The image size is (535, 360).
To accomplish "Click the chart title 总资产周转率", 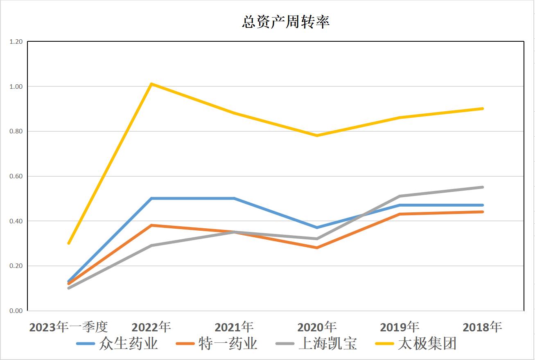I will click(285, 22).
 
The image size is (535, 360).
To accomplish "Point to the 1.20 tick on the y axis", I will click(16, 42).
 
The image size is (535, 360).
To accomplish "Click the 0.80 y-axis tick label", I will click(16, 131).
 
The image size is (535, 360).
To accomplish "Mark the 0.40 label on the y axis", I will click(16, 221).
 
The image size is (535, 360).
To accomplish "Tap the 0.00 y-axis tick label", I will click(16, 311).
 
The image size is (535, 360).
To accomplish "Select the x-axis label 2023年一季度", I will click(68, 327).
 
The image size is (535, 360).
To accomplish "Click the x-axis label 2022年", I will click(151, 327).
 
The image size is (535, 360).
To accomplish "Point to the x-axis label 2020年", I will click(317, 327).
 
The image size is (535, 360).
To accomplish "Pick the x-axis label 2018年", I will click(482, 327).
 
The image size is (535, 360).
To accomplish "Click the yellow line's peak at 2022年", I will click(151, 84).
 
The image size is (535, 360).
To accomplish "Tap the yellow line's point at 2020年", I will click(317, 135).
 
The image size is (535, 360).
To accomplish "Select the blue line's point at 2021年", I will click(234, 198).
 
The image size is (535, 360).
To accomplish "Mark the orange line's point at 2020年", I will click(317, 248).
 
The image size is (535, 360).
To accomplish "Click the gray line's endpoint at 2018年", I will click(483, 187).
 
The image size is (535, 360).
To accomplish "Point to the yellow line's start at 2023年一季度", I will click(69, 243).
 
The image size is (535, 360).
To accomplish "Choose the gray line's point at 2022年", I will click(151, 245).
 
